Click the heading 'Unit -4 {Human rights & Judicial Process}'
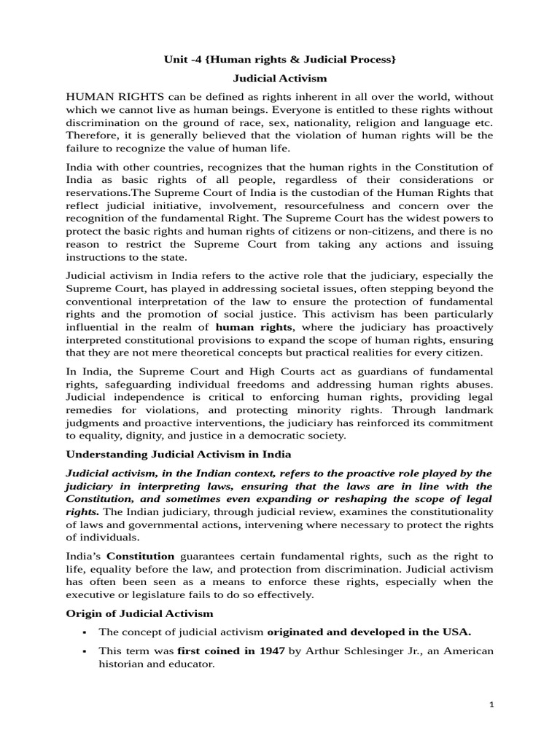coord(280,58)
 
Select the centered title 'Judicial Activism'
coord(280,77)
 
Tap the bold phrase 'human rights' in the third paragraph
coord(266,327)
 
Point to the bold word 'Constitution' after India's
coord(138,556)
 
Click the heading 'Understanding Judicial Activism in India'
coord(179,455)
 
